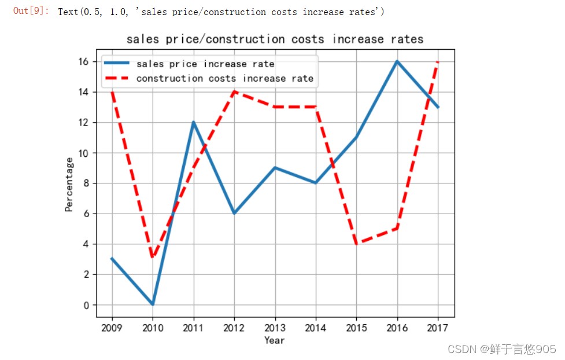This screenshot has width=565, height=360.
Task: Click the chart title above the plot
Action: click(x=275, y=39)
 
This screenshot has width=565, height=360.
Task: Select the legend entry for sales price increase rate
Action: click(x=205, y=64)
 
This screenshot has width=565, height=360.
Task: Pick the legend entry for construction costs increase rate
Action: click(x=225, y=79)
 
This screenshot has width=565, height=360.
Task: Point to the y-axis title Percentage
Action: click(x=69, y=184)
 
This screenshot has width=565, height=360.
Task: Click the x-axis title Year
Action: click(x=275, y=340)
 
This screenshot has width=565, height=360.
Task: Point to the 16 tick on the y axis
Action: click(x=84, y=61)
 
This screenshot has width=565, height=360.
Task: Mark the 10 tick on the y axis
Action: click(x=84, y=153)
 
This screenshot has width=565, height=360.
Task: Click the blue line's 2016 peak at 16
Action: click(x=397, y=61)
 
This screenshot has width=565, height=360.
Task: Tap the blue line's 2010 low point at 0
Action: click(x=153, y=304)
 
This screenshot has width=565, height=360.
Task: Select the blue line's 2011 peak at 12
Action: click(x=193, y=122)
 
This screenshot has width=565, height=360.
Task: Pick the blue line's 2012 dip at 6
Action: click(x=234, y=214)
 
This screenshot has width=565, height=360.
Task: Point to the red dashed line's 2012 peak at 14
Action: click(x=234, y=92)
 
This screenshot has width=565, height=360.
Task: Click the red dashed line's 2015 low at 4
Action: click(x=356, y=244)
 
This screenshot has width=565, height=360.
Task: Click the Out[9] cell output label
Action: click(x=31, y=12)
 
